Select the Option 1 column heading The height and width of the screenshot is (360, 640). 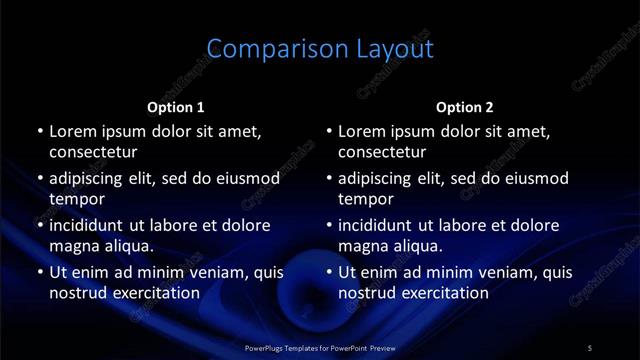pyautogui.click(x=176, y=107)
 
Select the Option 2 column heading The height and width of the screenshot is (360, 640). pyautogui.click(x=465, y=107)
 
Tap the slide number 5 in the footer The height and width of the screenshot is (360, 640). pyautogui.click(x=590, y=347)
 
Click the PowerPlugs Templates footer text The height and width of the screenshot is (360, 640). pyautogui.click(x=320, y=347)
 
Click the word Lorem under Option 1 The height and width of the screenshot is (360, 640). pyautogui.click(x=73, y=131)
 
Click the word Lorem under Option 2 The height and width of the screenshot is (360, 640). pyautogui.click(x=362, y=131)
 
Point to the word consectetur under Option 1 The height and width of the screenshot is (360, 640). pyautogui.click(x=93, y=152)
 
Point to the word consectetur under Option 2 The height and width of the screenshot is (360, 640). pyautogui.click(x=382, y=152)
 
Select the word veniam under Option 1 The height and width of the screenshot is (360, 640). pyautogui.click(x=217, y=272)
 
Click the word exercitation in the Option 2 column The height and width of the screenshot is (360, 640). pyautogui.click(x=442, y=293)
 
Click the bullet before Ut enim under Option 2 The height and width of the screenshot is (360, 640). pyautogui.click(x=329, y=272)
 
